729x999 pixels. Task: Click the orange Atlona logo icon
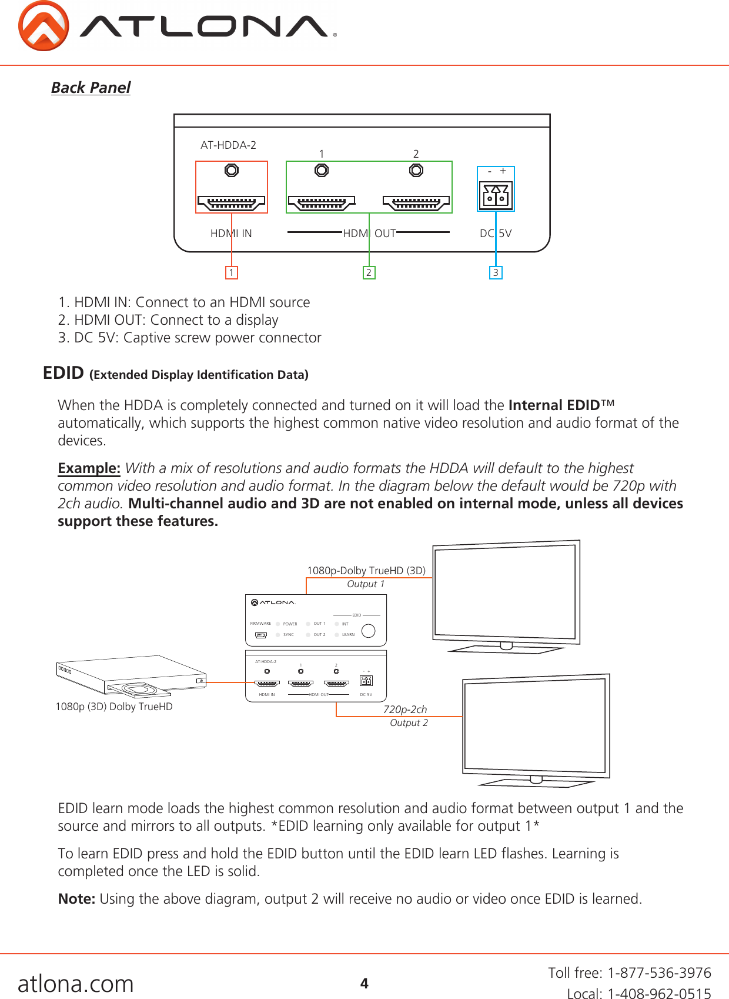point(44,26)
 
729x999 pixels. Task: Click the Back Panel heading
point(91,88)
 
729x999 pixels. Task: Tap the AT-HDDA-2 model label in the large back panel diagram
point(228,145)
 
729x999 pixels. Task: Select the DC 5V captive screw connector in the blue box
point(496,195)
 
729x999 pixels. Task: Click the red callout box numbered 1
point(232,272)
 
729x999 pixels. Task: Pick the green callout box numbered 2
point(369,272)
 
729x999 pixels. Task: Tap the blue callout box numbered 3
point(496,272)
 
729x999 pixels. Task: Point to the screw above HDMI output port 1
point(322,170)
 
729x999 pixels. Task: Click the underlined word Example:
point(89,468)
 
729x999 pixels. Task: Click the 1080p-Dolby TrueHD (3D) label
point(366,570)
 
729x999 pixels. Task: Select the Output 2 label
point(409,722)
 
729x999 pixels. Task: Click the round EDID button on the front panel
point(369,631)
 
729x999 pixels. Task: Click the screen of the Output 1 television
point(504,592)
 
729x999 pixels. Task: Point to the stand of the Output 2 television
point(536,782)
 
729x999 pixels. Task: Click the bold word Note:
point(76,899)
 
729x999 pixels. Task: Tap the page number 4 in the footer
point(364,983)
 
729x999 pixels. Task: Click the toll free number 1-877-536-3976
point(659,973)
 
